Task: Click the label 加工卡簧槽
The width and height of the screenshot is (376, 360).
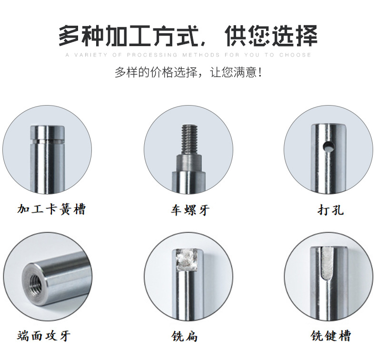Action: coord(51,209)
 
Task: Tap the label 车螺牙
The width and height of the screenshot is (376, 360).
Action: coord(190,210)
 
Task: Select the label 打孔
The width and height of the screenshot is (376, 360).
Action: coord(330,210)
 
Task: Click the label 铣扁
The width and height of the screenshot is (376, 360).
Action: coord(184,336)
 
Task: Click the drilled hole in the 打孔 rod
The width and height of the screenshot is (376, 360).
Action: coord(328,146)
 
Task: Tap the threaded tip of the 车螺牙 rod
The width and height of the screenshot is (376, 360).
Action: coord(190,139)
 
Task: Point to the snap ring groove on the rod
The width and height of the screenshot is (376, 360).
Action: coord(47,141)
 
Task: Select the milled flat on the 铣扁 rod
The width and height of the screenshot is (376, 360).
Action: coord(187,260)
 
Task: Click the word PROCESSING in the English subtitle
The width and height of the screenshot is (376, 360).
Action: coord(152,55)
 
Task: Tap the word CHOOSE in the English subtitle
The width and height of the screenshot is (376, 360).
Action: coord(295,55)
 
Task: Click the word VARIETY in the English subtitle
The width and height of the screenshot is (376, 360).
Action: coord(91,55)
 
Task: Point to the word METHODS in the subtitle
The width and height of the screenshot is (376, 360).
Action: coord(201,55)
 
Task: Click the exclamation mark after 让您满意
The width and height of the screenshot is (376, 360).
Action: coord(260,72)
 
